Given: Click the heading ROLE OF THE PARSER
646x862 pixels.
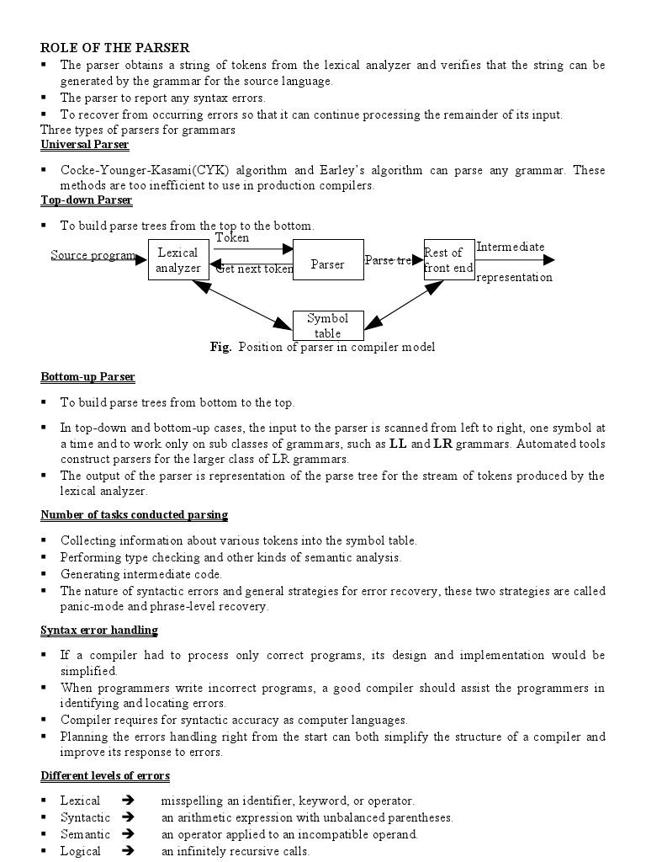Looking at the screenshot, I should click(x=115, y=48).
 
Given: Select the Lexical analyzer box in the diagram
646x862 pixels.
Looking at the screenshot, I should click(x=177, y=260).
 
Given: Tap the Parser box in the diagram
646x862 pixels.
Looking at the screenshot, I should click(x=327, y=264).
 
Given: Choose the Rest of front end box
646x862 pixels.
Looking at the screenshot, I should click(x=448, y=260).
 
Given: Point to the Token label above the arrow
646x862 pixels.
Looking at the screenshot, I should click(x=232, y=238).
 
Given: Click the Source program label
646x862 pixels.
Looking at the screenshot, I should click(x=93, y=255).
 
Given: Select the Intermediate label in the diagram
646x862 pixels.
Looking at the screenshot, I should click(x=510, y=247).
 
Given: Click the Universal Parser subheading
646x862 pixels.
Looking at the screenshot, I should click(x=85, y=145).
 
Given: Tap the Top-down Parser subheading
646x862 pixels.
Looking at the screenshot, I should click(x=87, y=200).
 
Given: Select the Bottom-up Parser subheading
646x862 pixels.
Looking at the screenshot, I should click(x=88, y=377).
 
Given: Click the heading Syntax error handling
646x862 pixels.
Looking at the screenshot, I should click(x=99, y=630).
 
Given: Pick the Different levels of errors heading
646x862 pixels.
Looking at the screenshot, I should click(x=105, y=775).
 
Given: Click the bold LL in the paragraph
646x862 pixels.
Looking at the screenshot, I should click(x=399, y=444).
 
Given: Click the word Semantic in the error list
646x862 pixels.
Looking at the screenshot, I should click(x=85, y=834).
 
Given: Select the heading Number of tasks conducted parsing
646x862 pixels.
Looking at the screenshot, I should click(x=135, y=514).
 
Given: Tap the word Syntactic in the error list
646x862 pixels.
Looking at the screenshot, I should click(x=86, y=817).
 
